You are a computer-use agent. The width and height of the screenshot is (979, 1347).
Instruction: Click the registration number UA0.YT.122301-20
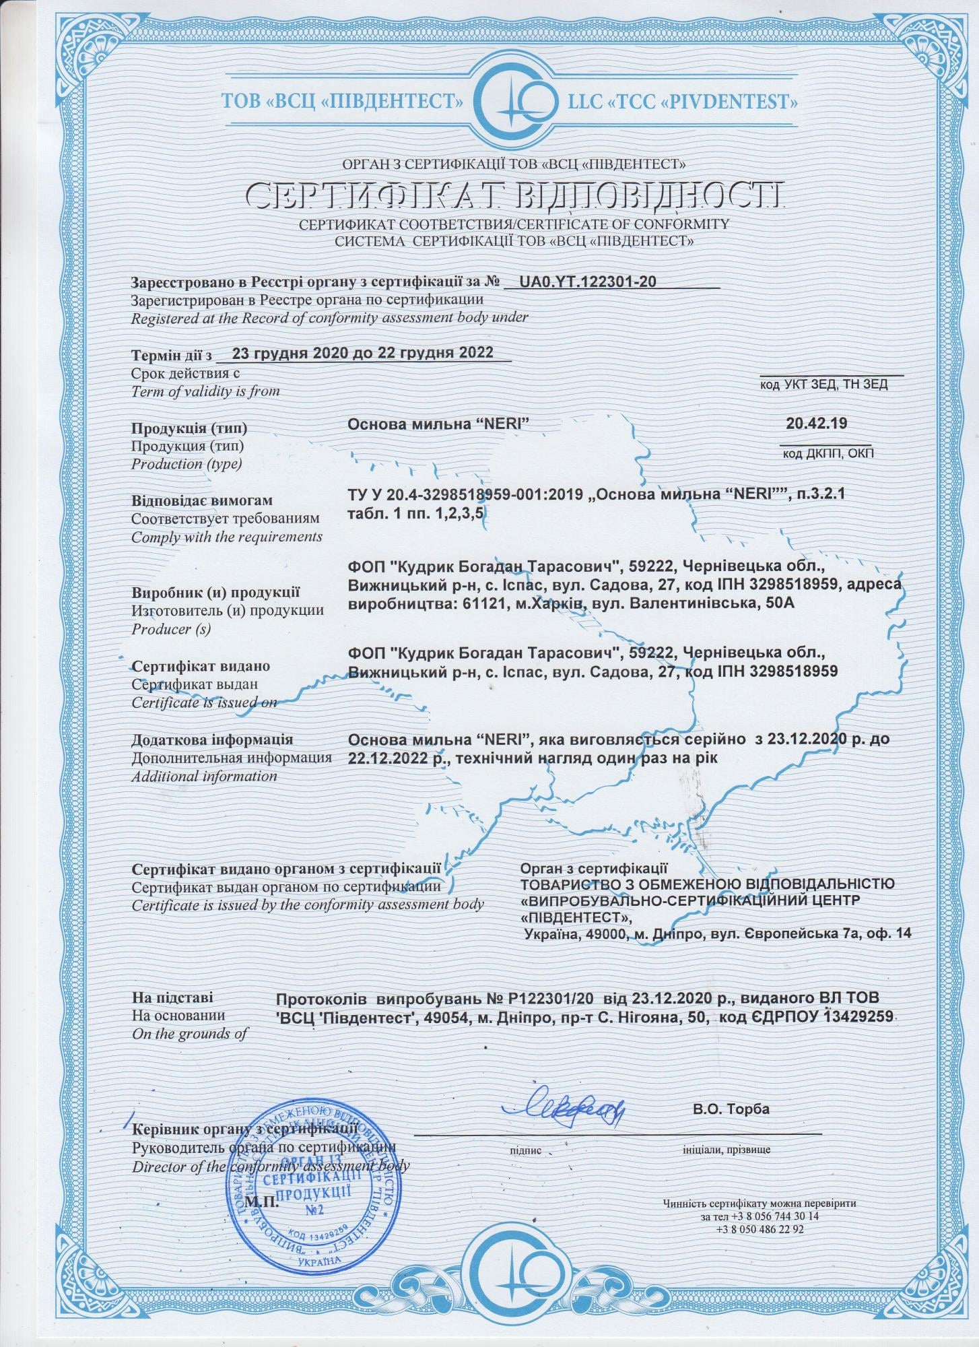click(588, 283)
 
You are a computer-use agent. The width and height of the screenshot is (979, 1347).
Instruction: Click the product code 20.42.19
click(816, 424)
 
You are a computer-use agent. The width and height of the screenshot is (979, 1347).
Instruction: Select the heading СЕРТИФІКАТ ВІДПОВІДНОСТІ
click(515, 195)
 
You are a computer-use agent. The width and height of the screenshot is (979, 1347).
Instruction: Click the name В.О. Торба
click(731, 1109)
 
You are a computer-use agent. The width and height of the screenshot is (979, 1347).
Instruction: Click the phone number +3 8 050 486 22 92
click(760, 1228)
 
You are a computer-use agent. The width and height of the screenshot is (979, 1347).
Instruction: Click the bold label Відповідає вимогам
click(202, 501)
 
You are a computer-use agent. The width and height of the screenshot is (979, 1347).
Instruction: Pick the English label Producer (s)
click(171, 629)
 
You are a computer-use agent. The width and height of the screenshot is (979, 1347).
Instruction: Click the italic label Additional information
click(204, 776)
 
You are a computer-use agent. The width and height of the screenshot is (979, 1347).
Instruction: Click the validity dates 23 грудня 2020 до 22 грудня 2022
click(362, 353)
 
